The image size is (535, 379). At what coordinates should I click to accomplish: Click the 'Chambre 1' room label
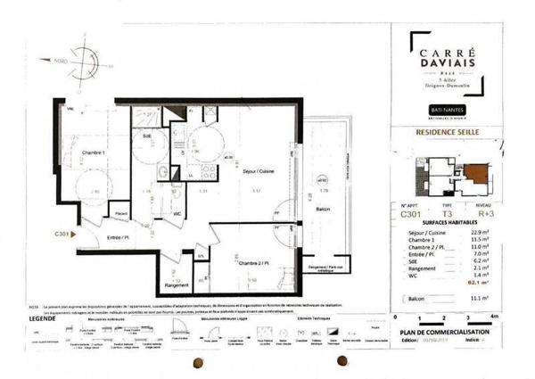pyautogui.click(x=94, y=152)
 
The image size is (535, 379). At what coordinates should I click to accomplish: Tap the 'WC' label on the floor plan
pyautogui.click(x=177, y=214)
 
